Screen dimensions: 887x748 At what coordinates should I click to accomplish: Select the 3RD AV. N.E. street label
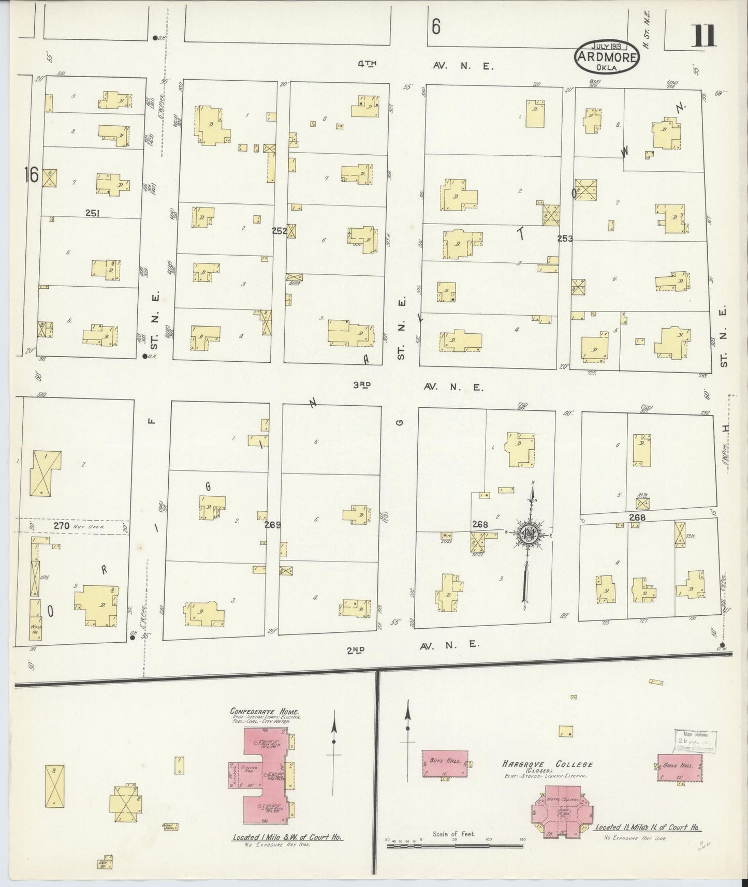coord(418,387)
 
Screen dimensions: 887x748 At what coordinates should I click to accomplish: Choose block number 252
coord(280,231)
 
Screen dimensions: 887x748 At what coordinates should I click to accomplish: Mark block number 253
coord(565,239)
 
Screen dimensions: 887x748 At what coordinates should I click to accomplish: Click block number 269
coord(272,525)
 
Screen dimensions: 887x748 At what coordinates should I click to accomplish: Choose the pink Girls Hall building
coord(680,767)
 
